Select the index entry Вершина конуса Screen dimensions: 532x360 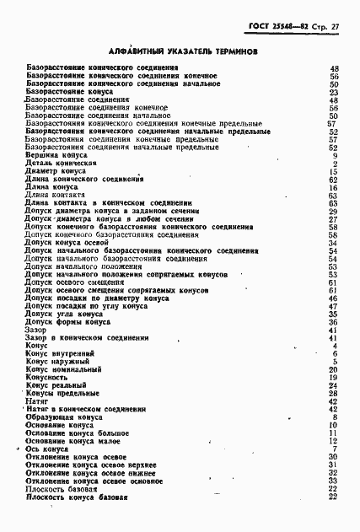[53, 156]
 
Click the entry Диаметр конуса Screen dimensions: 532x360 [56, 171]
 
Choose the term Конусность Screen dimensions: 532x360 [47, 378]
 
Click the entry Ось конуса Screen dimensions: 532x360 [47, 449]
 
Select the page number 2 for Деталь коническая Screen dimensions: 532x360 [335, 164]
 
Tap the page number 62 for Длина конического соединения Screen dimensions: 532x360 [333, 180]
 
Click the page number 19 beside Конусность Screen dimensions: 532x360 [333, 378]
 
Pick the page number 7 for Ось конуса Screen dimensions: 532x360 [335, 449]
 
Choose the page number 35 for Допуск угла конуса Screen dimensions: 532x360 [333, 314]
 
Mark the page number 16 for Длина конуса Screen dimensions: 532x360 [333, 187]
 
